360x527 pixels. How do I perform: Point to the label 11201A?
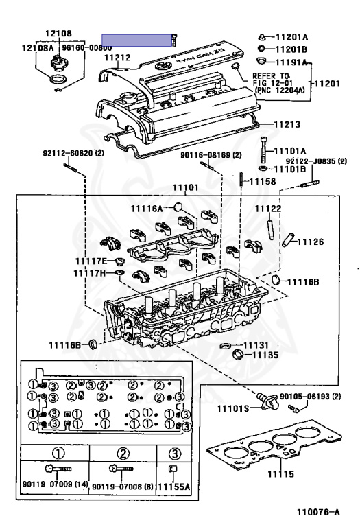291,36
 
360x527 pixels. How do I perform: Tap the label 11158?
261,182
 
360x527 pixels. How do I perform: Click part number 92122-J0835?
316,161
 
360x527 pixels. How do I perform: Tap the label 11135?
263,355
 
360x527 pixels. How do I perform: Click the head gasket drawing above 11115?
274,450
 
